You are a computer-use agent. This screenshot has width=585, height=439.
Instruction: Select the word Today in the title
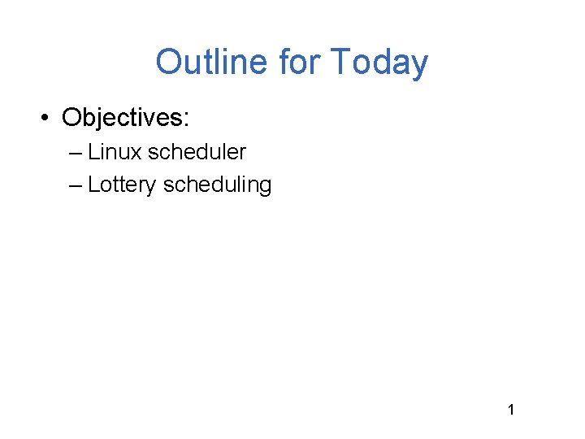pos(379,63)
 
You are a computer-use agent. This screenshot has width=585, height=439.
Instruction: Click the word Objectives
pos(123,119)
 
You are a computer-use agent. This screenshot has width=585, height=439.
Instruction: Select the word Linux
pos(115,152)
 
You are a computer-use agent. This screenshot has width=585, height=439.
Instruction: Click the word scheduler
pos(197,152)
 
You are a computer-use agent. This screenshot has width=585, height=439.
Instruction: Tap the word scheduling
pos(217,185)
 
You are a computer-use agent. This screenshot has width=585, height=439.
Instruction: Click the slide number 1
pos(511,410)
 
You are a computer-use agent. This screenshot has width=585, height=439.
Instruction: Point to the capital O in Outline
pos(169,63)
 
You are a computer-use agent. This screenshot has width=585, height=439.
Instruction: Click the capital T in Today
pos(340,63)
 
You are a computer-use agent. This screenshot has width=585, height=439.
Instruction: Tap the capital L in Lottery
pos(93,185)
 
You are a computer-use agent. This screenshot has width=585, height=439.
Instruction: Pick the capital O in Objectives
pos(71,119)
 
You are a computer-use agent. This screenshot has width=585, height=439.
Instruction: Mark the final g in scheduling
pos(265,187)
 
